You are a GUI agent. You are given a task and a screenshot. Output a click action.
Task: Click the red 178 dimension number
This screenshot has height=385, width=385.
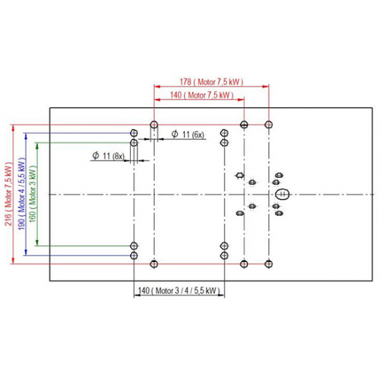click(185, 82)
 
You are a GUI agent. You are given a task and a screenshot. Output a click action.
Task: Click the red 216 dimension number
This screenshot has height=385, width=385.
click(8, 220)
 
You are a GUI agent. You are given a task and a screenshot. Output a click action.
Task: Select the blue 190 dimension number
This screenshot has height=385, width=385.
click(22, 223)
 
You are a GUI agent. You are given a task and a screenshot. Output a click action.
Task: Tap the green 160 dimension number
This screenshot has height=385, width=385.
click(32, 216)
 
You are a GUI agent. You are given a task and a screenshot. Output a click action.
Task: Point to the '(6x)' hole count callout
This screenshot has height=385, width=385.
click(198, 134)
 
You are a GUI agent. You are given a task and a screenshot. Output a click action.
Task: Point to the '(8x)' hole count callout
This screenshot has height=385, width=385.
click(118, 156)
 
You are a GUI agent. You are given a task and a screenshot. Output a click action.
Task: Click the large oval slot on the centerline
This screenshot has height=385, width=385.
click(282, 194)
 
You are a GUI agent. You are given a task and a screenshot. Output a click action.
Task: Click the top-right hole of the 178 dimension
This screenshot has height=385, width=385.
click(269, 125)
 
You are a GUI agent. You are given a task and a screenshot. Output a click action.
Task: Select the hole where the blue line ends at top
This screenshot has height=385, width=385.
click(134, 133)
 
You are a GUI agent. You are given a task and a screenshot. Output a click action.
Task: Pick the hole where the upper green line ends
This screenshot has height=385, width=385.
click(134, 143)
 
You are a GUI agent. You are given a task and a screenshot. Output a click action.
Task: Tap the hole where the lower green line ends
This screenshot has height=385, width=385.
click(134, 246)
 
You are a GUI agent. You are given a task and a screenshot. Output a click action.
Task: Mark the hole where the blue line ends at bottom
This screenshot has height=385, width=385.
click(134, 255)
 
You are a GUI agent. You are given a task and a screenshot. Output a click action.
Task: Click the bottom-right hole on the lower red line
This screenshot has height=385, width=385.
click(269, 264)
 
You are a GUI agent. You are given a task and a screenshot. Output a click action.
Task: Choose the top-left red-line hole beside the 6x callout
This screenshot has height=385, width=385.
click(154, 125)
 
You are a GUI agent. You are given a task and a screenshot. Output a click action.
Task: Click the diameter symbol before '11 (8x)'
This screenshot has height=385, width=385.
click(96, 155)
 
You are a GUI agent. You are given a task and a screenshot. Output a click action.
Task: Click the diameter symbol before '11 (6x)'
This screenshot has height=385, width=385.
click(175, 134)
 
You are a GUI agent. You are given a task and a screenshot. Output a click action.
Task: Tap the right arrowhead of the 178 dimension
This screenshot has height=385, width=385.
click(266, 86)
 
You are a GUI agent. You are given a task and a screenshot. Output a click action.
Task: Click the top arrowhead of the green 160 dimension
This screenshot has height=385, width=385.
click(37, 146)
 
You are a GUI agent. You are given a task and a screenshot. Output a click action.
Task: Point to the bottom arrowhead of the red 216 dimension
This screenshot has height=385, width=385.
click(13, 261)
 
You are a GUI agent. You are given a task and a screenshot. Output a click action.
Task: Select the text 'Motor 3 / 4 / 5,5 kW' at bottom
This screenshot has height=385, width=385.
click(186, 290)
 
